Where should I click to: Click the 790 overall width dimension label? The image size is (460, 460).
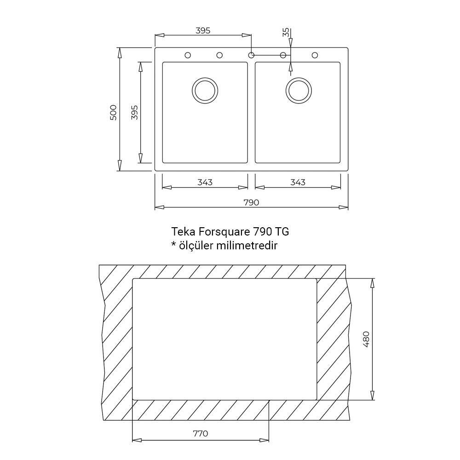252,202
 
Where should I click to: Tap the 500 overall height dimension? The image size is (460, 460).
113,112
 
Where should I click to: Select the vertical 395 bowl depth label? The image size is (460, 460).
134,112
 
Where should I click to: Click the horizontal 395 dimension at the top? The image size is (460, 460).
203,30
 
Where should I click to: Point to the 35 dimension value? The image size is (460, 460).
286,32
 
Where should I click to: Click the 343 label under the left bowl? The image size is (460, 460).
205,183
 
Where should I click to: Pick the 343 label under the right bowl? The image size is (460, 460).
298,183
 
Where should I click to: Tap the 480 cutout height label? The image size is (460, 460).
366,339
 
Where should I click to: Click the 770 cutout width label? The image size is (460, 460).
201,433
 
